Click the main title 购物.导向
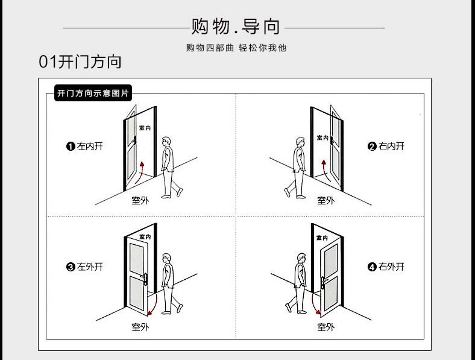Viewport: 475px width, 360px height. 236,27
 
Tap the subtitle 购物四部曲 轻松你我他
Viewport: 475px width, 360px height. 236,48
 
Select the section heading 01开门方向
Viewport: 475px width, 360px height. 80,62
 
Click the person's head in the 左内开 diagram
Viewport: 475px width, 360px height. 167,142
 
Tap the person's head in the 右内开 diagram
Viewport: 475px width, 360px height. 298,142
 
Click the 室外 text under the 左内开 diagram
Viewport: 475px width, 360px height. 140,200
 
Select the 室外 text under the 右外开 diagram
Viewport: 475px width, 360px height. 326,327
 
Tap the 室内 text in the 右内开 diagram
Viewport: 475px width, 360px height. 323,137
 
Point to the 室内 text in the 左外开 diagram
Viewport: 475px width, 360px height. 145,237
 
